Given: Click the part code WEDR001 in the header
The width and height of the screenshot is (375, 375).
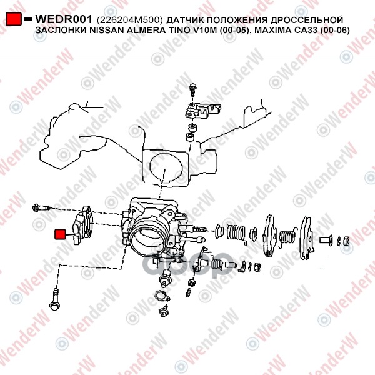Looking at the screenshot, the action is point(64,19).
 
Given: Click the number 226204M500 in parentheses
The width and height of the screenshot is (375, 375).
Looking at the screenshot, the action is point(130,20).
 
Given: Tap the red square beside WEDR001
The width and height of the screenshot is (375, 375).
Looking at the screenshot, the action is point(14,19).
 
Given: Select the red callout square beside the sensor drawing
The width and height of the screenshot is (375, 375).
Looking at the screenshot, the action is point(60,234).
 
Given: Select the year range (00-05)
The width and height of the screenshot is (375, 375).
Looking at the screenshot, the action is point(233,31).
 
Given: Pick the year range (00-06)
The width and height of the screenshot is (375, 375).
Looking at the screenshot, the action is point(335,31).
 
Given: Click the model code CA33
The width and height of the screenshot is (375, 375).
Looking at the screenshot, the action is point(304,31).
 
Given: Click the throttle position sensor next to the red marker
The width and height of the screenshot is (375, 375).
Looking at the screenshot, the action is point(82,225).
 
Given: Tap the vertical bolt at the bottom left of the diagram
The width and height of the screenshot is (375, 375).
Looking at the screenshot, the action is point(54,299).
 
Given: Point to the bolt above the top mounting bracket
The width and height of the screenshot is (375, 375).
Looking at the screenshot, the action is point(192,89).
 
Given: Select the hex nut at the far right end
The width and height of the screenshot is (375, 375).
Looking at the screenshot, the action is point(346,241).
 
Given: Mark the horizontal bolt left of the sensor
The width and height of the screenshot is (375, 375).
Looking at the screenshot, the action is point(41,208).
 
